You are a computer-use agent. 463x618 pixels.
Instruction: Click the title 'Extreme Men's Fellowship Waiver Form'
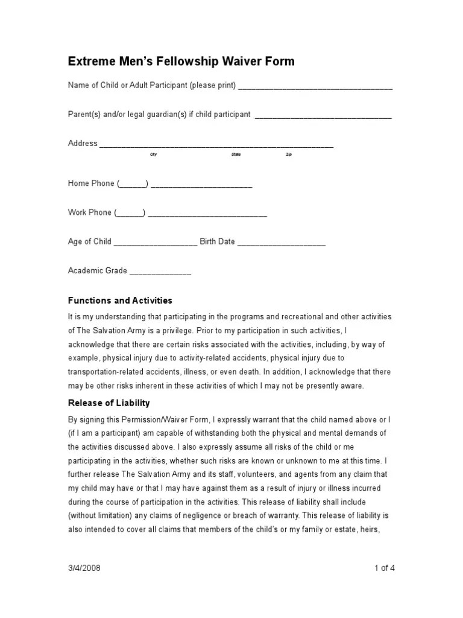(x=181, y=62)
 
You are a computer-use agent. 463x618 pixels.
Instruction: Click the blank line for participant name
(x=315, y=87)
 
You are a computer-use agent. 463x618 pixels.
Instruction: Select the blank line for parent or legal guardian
(x=323, y=115)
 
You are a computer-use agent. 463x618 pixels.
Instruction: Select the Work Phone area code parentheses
(x=130, y=212)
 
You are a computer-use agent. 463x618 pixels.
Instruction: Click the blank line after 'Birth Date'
(x=282, y=243)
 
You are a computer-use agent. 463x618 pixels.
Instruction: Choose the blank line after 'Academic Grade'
(x=160, y=272)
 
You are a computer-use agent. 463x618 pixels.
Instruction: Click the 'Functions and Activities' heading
(x=120, y=300)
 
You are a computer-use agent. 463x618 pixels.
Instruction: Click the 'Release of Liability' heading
(x=109, y=403)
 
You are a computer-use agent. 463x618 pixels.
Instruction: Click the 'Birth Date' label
(x=218, y=241)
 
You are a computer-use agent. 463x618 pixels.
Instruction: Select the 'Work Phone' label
(x=90, y=212)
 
